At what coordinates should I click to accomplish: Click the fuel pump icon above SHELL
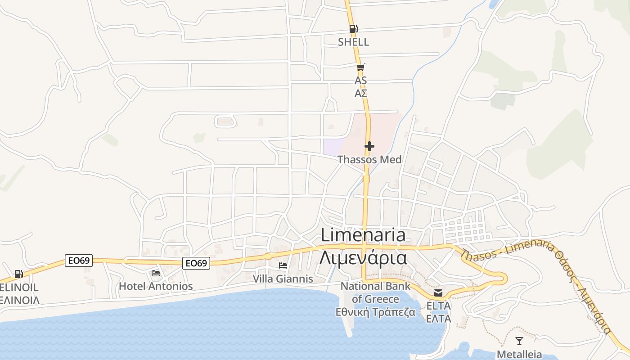pos(353,29)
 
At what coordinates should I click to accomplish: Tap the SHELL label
pos(354,42)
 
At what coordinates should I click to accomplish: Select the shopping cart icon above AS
pos(360,67)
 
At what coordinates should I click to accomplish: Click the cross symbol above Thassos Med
pos(369,146)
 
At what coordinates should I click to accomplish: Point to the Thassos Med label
pos(369,160)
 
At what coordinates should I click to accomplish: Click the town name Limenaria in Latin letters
pos(363,235)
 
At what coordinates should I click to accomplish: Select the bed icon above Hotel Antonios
pos(156,273)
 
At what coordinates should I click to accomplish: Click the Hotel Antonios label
pos(156,286)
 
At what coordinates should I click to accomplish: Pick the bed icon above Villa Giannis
pos(283,265)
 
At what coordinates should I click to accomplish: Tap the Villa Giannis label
pos(283,279)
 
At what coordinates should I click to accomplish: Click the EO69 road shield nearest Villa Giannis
pos(196,263)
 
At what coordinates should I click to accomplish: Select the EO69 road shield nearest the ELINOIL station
pos(79,261)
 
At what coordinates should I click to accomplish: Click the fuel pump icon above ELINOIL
pos(18,274)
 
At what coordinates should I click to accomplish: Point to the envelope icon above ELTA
pos(438,293)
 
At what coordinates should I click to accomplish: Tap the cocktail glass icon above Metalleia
pos(519,341)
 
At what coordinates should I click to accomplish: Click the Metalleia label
pos(519,354)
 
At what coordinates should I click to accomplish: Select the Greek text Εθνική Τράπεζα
pos(376,312)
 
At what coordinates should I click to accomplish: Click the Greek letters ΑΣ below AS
pos(361,94)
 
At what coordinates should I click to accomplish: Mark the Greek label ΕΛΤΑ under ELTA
pos(438,319)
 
